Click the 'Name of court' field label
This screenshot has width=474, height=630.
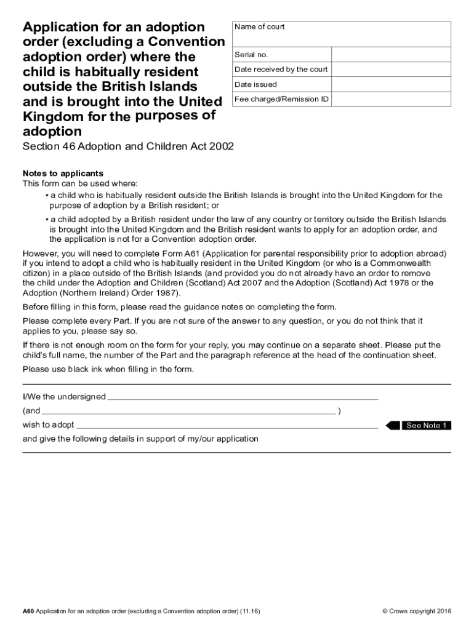pos(259,27)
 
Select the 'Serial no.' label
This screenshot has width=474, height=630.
pos(251,55)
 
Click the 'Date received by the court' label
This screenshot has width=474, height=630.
pos(281,70)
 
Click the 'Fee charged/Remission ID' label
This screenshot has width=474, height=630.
pos(281,99)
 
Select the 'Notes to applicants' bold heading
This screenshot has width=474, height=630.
pos(63,173)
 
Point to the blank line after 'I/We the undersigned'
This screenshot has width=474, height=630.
pos(243,397)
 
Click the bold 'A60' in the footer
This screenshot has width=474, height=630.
pos(28,611)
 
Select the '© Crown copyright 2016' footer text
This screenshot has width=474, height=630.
pos(417,611)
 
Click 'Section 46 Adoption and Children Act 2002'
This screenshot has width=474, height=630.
pos(128,148)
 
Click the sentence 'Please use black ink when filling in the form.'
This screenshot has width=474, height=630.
pos(108,369)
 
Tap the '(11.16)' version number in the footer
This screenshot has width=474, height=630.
pos(250,611)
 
